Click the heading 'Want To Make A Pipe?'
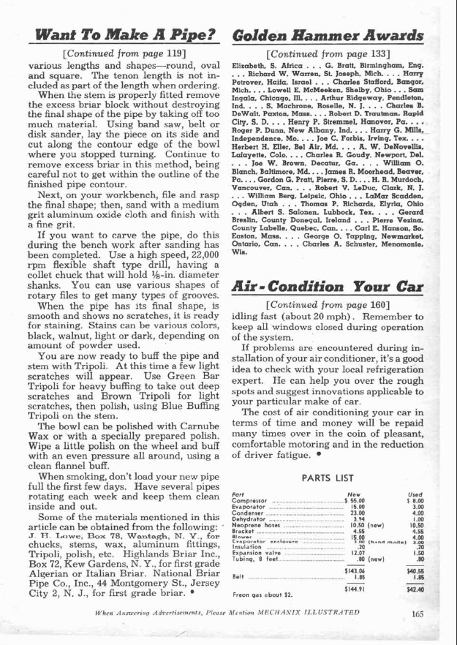pyautogui.click(x=118, y=34)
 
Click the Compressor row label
pyautogui.click(x=249, y=502)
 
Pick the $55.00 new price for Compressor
pyautogui.click(x=354, y=502)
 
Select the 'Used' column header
pyautogui.click(x=416, y=495)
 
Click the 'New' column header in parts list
pyautogui.click(x=352, y=495)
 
